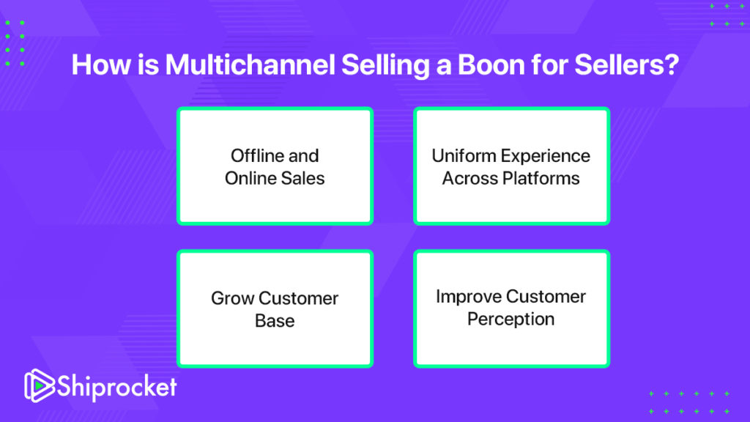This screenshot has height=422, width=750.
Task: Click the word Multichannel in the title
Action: (x=250, y=64)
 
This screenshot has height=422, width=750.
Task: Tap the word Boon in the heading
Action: (x=491, y=64)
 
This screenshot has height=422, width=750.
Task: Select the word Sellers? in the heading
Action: (x=627, y=64)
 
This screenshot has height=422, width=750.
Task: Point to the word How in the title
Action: (x=101, y=64)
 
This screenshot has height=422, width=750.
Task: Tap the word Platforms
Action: (x=541, y=178)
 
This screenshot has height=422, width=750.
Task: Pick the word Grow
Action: (x=232, y=298)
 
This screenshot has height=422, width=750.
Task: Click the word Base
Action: (x=275, y=321)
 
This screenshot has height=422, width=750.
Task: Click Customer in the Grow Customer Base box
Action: (x=299, y=298)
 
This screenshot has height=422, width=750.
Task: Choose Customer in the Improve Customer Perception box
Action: (x=544, y=296)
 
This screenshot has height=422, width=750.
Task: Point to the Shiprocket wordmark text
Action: (x=117, y=387)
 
